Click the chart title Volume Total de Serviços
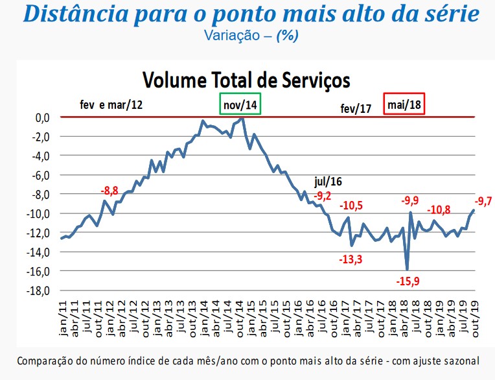(246, 80)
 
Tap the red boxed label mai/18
(404, 104)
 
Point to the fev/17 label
(356, 109)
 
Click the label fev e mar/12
(111, 104)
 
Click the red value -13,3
(351, 259)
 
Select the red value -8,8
(110, 191)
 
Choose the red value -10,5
(352, 206)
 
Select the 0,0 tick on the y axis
(42, 117)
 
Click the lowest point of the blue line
(407, 269)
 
